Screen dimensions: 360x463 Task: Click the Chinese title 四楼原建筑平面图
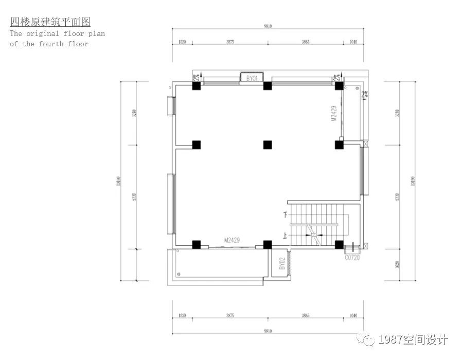click(50, 22)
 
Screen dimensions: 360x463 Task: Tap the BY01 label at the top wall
click(252, 78)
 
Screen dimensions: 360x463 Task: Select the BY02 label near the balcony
click(282, 264)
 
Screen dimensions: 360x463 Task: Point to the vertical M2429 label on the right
click(333, 114)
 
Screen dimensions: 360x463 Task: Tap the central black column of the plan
click(267, 145)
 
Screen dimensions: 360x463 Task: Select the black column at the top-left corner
click(196, 86)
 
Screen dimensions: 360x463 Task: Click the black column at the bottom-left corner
click(196, 244)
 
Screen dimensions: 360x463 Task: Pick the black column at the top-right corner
click(339, 86)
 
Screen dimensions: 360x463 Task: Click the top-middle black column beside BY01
click(267, 86)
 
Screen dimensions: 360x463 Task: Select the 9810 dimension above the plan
click(268, 27)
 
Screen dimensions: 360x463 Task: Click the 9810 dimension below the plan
click(268, 331)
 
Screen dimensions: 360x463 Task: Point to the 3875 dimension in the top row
click(230, 42)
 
